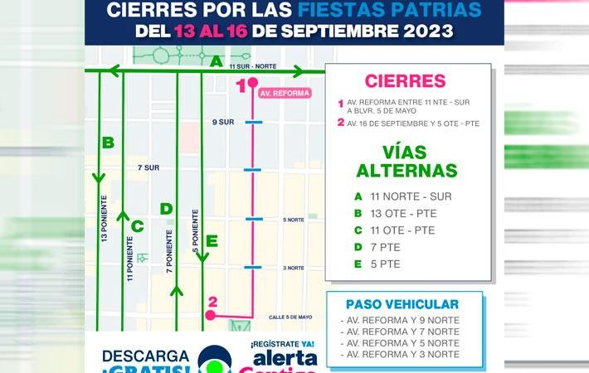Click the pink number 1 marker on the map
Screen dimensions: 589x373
tap(242, 84)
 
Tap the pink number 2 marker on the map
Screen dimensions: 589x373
tap(213, 303)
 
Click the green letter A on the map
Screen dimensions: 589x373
tap(216, 61)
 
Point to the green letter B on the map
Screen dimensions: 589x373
tap(108, 143)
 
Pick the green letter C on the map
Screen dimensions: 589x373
tap(137, 225)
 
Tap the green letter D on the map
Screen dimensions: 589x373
tap(166, 209)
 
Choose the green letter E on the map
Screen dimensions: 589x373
tap(212, 241)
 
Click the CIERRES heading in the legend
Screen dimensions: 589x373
tap(405, 81)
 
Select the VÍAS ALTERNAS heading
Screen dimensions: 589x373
tap(406, 162)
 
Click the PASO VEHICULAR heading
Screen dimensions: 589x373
tap(404, 304)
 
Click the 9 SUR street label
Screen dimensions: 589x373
tap(223, 122)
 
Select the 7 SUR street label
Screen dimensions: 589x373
tap(148, 167)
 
